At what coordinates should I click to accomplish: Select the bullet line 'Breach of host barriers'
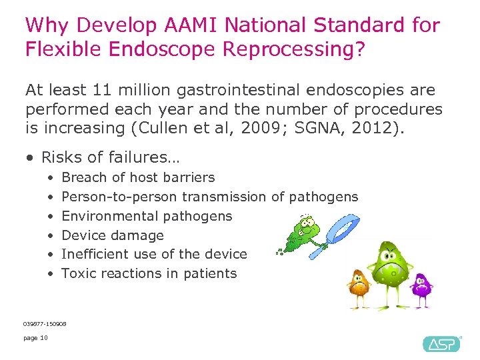point(138,177)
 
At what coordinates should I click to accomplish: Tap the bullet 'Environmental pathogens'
point(147,216)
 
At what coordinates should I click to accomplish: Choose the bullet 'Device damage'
point(112,235)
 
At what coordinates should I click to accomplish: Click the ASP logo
point(441,343)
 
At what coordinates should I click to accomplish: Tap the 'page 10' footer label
point(35,338)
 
